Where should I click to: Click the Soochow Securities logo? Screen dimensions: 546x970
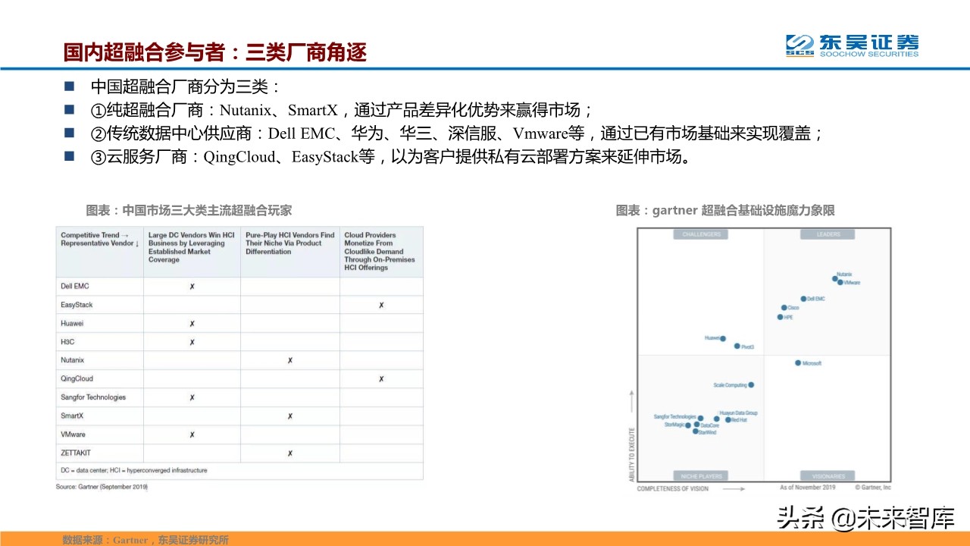[851, 45]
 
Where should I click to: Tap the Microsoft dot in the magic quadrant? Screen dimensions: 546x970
[798, 363]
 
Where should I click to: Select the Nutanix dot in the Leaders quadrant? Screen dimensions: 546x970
[835, 278]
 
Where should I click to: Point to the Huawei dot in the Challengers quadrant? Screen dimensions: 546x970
[723, 339]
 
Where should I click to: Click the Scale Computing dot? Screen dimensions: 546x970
[751, 385]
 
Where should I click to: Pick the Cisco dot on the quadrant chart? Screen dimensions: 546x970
[784, 308]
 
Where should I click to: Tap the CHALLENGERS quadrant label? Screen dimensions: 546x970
[701, 234]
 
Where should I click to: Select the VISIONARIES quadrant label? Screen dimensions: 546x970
[828, 476]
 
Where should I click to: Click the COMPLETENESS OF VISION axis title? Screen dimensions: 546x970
[672, 489]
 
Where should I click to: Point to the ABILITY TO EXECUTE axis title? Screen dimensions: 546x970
[630, 435]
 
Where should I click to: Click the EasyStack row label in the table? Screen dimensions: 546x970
[77, 305]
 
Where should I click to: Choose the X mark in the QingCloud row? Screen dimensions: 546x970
[381, 379]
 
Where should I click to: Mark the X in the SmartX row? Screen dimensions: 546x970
[289, 416]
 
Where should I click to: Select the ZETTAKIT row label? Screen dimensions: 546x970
[75, 453]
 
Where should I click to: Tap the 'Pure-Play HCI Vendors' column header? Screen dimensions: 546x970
[289, 243]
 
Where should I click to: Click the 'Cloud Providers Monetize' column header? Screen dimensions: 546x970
[380, 251]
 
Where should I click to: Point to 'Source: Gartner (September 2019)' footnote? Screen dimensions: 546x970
[102, 487]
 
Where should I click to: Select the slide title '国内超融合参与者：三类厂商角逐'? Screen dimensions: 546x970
[215, 52]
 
